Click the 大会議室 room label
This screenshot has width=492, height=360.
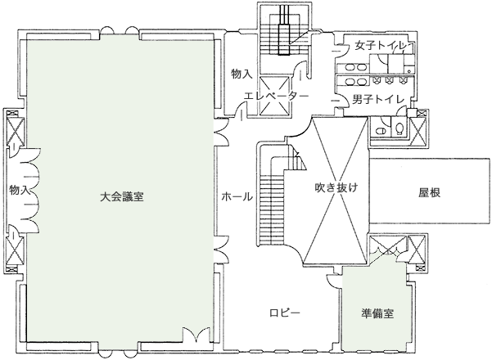coord(123,196)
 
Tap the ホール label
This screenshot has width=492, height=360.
coord(237,197)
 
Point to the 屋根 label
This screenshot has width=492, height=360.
coord(430,194)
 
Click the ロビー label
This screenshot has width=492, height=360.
coord(285,313)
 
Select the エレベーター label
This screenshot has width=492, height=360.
coord(276,96)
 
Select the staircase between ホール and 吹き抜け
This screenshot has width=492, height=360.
coord(272,196)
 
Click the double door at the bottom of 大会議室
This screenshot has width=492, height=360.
coord(195,335)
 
